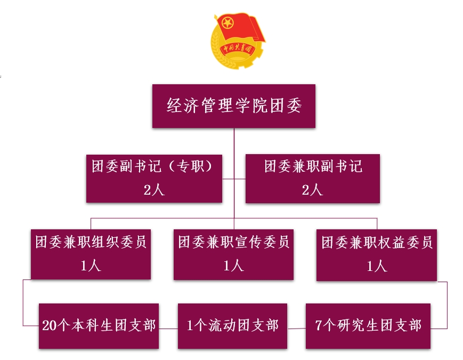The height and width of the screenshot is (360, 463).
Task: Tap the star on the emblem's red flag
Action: [x=228, y=23]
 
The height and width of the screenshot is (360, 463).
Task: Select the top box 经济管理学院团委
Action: [x=233, y=106]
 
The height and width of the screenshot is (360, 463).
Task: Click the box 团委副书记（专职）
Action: [x=154, y=178]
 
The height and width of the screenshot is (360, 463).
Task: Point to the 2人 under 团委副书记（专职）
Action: [x=154, y=190]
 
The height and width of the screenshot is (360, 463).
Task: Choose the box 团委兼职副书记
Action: [x=313, y=178]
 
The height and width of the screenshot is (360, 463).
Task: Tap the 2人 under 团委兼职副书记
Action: [x=313, y=190]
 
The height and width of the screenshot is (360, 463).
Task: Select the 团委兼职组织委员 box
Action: [x=91, y=254]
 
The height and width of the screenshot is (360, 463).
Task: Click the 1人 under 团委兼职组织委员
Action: [x=91, y=266]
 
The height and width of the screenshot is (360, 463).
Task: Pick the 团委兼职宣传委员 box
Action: [x=233, y=254]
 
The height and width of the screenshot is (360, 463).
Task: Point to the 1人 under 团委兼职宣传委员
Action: [x=233, y=266]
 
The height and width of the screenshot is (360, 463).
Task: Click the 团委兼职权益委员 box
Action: [x=377, y=254]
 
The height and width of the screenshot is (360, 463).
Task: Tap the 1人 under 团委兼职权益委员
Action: [x=377, y=266]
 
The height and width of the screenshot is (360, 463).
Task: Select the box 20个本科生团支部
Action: [x=99, y=326]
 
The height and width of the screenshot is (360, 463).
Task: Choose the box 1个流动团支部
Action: [x=233, y=326]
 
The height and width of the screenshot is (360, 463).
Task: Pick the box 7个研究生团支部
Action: [x=368, y=326]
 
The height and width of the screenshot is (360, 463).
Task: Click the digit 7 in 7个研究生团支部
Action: [x=319, y=326]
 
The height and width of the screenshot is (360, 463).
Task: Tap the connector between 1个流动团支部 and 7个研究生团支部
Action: [x=296, y=329]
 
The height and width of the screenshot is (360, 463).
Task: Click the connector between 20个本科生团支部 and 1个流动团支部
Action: [x=168, y=329]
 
